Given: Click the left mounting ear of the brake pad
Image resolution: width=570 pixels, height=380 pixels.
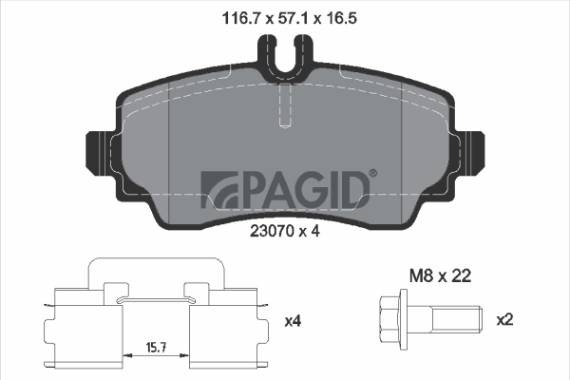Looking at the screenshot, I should (100, 150).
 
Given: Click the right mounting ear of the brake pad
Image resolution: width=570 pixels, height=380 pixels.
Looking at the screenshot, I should (471, 150).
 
